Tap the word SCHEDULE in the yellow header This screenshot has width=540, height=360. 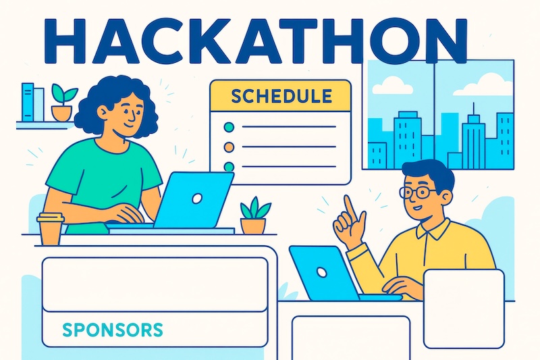pyautogui.click(x=281, y=95)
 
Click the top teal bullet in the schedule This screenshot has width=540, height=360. pyautogui.click(x=228, y=126)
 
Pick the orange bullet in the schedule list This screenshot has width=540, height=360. pyautogui.click(x=228, y=147)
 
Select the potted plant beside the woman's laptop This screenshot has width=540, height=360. pyautogui.click(x=254, y=216)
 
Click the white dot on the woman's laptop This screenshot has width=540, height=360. pyautogui.click(x=197, y=198)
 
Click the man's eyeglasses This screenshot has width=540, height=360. pyautogui.click(x=416, y=192)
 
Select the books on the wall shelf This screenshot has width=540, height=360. pyautogui.click(x=31, y=102)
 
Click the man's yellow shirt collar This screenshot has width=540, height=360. pyautogui.click(x=432, y=230)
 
